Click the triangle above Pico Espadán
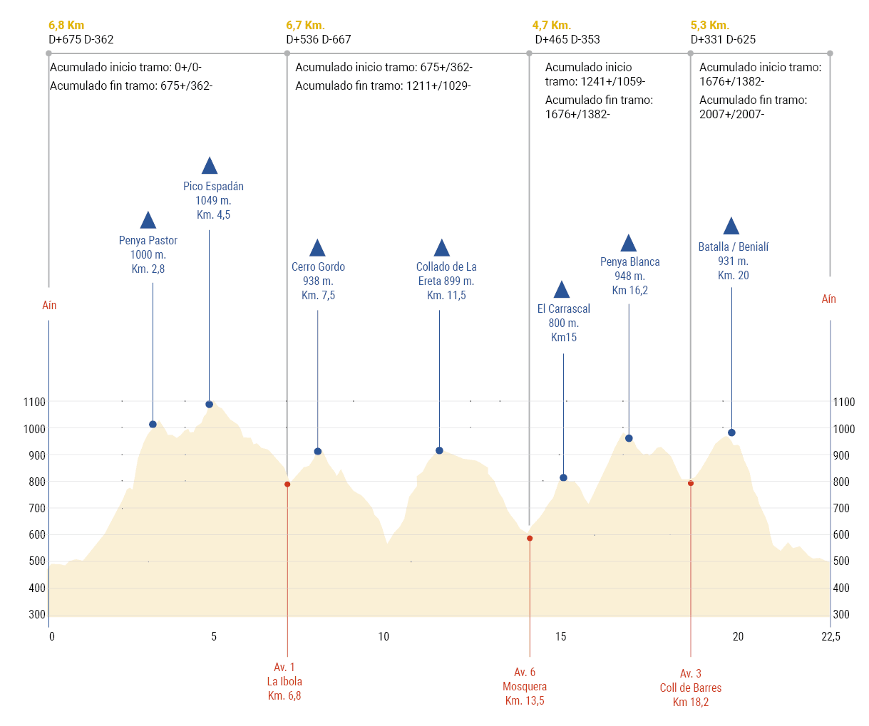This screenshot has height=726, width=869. [x=209, y=167]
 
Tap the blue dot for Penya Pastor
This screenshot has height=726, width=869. [x=153, y=425]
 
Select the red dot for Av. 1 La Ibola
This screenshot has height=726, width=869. [x=287, y=484]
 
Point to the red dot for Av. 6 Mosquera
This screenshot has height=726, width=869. [x=530, y=539]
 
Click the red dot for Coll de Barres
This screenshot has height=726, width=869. [x=690, y=484]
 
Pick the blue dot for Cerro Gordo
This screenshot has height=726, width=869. [x=318, y=452]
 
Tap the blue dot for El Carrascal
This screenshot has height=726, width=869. [x=563, y=478]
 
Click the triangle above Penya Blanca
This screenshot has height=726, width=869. [x=628, y=244]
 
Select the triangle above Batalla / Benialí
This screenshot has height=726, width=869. [x=731, y=227]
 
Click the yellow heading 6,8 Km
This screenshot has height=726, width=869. [x=66, y=26]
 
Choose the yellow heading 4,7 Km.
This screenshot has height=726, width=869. [x=551, y=26]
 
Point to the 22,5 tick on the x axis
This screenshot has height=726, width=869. [x=831, y=637]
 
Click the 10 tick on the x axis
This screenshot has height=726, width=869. [x=384, y=637]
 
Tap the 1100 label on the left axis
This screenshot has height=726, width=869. [x=34, y=403]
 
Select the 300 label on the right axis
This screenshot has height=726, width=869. [x=841, y=615]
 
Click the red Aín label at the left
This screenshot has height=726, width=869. [x=49, y=306]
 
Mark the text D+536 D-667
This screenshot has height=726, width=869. [x=319, y=40]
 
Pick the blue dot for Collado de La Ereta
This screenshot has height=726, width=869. [x=439, y=451]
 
